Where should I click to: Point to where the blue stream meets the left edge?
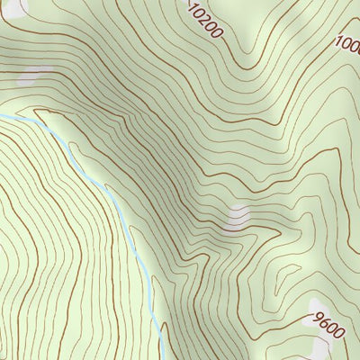pos(1,116)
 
